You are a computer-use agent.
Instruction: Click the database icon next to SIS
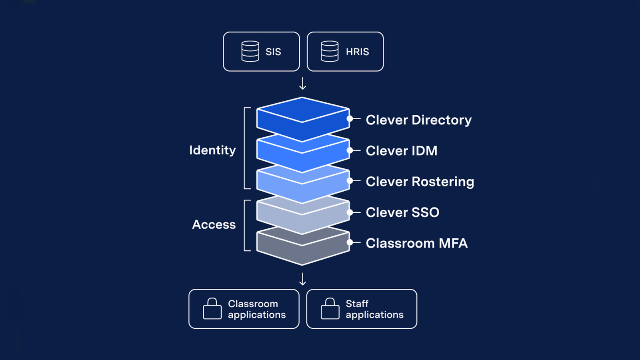point(250,52)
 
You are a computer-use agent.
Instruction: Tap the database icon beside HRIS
point(330,52)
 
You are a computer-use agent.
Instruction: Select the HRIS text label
point(358,52)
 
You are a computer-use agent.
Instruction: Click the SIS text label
point(273,52)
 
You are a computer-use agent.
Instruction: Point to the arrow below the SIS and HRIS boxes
point(302,84)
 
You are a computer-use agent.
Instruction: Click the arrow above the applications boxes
point(302,279)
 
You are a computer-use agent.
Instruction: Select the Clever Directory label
point(418,120)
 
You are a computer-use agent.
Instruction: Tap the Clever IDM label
point(402,150)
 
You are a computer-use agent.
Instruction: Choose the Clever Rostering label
point(420,182)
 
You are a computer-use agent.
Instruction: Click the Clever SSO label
point(402,212)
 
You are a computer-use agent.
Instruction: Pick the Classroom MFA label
point(416,243)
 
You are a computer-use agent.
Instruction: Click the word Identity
point(212,150)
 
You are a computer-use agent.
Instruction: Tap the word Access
point(214,224)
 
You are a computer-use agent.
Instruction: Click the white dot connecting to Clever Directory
point(350,118)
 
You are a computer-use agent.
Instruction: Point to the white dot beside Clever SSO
point(350,212)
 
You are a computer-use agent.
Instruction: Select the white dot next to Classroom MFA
point(350,242)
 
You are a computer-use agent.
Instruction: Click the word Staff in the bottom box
point(357,304)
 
